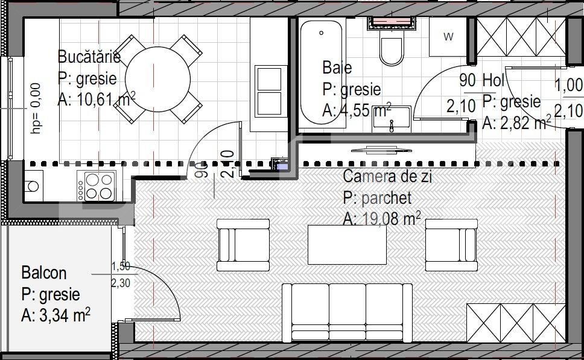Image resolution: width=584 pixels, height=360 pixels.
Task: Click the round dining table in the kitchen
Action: [x=157, y=79]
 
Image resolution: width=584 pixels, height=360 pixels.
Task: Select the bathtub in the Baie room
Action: [x=321, y=72]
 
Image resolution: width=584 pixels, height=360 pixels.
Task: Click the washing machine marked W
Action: [x=448, y=37]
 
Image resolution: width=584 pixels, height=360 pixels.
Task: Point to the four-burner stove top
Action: [x=97, y=186]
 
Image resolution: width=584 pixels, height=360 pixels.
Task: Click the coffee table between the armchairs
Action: [x=347, y=245]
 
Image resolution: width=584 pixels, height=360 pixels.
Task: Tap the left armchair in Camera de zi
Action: [x=243, y=245]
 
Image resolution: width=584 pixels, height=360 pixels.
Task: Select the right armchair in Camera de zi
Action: [x=451, y=245]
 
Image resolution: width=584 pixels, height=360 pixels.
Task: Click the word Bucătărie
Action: [x=89, y=57]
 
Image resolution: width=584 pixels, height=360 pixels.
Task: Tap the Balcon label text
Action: [x=44, y=273]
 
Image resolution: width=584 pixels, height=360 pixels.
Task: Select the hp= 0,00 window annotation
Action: [x=36, y=108]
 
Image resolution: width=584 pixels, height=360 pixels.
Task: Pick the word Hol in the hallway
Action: [x=494, y=80]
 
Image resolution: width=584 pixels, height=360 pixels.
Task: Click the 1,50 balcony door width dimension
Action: [x=121, y=266]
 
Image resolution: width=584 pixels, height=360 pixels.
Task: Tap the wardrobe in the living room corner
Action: [x=516, y=323]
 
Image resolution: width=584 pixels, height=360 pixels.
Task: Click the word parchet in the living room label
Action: [x=387, y=198]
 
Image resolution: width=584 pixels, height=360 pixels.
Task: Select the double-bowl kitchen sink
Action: [x=269, y=91]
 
